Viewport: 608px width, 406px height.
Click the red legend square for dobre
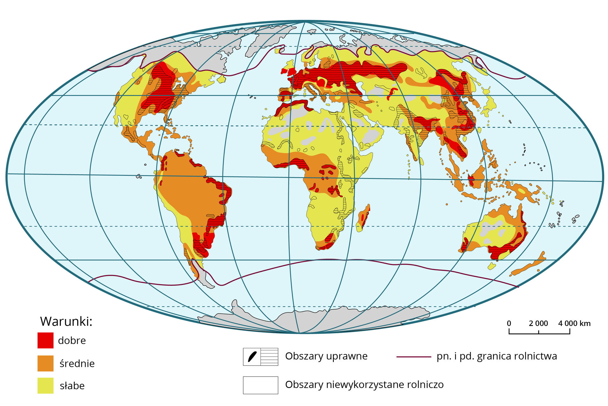pos(45,340)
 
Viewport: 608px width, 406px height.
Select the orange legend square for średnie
pos(45,363)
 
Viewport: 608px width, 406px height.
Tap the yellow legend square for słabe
pos(45,385)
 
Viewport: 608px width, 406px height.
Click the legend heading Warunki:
pos(66,321)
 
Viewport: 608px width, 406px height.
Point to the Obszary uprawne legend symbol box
pos(260,357)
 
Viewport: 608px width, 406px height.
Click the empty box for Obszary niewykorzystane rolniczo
pos(260,385)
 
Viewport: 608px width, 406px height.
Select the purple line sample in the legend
pos(414,357)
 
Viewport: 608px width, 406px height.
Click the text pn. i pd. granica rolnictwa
pos(496,356)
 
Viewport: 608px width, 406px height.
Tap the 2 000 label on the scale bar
pos(538,323)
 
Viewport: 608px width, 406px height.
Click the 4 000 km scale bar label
pos(574,323)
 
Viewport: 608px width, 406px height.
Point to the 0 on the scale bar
pos(509,323)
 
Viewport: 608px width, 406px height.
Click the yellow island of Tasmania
pos(491,266)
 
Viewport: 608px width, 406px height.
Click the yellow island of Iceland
pos(279,50)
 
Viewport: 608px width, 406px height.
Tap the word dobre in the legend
pos(72,341)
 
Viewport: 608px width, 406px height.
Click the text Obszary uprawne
pos(326,356)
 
